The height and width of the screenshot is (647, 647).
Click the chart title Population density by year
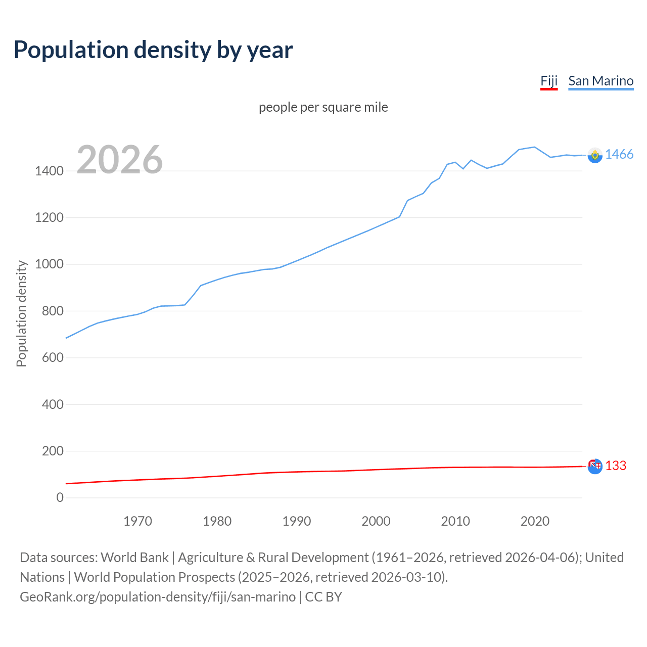coord(153,50)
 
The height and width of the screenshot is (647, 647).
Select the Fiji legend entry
coord(548,81)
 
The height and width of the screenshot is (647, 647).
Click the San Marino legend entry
coord(600,81)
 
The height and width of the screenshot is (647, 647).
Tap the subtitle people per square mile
coord(323,107)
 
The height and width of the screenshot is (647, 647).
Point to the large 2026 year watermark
coord(120,160)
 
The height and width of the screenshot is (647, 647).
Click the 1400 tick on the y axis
coord(49,171)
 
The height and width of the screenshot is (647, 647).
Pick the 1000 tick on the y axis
coord(49,264)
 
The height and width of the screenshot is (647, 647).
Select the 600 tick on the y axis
coord(53,357)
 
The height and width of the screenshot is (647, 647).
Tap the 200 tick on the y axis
coord(53,451)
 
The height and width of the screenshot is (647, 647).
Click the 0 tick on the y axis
coord(60,497)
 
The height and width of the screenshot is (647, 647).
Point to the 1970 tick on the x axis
coord(137,521)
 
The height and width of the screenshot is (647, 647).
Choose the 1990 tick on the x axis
coord(297,521)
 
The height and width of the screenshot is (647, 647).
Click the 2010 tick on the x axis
coord(455,521)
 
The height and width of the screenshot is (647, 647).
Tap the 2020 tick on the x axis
coord(535,521)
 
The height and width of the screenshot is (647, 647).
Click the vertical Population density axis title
coord(21,313)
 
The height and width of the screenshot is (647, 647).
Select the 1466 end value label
coord(619,155)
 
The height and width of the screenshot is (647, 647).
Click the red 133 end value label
coord(615,466)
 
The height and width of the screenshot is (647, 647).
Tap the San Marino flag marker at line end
coord(595,155)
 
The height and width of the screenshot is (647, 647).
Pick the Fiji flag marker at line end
coord(595,466)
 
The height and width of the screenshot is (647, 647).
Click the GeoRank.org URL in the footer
coord(158,597)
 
